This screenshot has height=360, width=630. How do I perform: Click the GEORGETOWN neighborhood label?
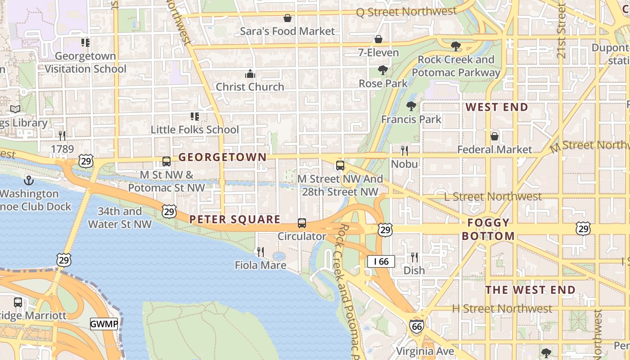tap(222, 157)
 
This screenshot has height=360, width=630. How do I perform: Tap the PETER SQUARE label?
tap(235, 220)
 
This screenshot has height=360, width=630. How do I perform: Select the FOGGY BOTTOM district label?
tap(488, 229)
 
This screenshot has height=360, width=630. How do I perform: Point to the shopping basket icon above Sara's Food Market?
tap(287, 18)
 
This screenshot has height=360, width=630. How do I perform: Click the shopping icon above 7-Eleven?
tap(378, 40)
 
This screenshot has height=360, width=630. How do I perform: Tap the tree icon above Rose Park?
tap(383, 70)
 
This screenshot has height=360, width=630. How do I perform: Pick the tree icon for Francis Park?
tap(411, 106)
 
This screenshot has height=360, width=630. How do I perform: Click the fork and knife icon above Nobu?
tap(405, 150)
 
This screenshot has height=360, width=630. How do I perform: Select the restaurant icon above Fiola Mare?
tap(260, 252)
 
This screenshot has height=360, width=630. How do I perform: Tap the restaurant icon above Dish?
tap(414, 257)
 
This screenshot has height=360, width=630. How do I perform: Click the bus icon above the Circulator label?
tap(301, 223)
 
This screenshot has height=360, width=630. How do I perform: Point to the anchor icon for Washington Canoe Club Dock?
tap(29, 180)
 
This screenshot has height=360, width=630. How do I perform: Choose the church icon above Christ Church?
tap(250, 74)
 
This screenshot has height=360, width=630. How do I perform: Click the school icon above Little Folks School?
tap(194, 117)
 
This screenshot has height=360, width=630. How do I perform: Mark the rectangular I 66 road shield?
tap(381, 261)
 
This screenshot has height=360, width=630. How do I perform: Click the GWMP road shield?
tap(104, 324)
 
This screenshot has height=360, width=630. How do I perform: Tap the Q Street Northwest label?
tap(406, 12)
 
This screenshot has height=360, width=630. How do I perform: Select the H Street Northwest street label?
tap(502, 309)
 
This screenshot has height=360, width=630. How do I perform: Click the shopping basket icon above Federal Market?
tap(494, 136)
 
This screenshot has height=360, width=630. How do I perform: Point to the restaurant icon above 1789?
tap(62, 135)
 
